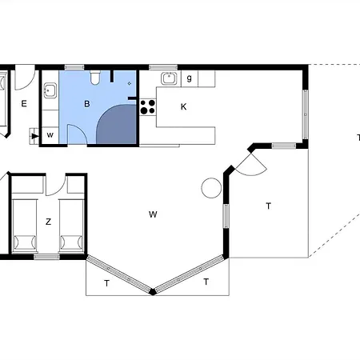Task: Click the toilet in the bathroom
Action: pyautogui.click(x=95, y=77)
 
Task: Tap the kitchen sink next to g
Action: pyautogui.click(x=169, y=78)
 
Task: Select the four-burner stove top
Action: pyautogui.click(x=148, y=106)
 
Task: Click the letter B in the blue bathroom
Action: pyautogui.click(x=86, y=104)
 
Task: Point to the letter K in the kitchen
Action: pyautogui.click(x=183, y=106)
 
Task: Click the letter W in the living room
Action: pyautogui.click(x=153, y=214)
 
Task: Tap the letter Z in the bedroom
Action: pyautogui.click(x=48, y=222)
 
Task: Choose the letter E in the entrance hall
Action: pyautogui.click(x=24, y=103)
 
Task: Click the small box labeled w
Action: pyautogui.click(x=50, y=135)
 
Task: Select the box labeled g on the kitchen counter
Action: pyautogui.click(x=190, y=78)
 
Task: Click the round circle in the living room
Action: pyautogui.click(x=211, y=188)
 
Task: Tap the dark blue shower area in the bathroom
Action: pyautogui.click(x=117, y=124)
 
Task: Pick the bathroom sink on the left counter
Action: pyautogui.click(x=50, y=90)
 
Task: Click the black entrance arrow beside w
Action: pyautogui.click(x=34, y=136)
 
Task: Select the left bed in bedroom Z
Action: pyautogui.click(x=24, y=226)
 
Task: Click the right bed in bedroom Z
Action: pyautogui.click(x=71, y=226)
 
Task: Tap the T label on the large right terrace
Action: pyautogui.click(x=269, y=206)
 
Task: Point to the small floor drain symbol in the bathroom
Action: pyautogui.click(x=130, y=83)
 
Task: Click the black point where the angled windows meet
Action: pyautogui.click(x=153, y=291)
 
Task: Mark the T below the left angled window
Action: pyautogui.click(x=106, y=283)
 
